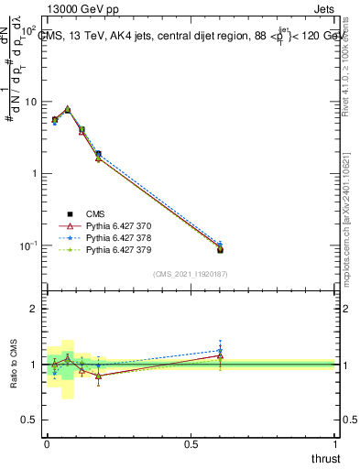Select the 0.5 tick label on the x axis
191,443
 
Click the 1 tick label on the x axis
335,443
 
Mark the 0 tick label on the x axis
46,443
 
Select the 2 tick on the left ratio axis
37,310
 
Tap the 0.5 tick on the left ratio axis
33,420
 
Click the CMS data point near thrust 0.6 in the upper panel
220,249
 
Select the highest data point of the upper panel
68,109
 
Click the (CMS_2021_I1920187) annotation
191,274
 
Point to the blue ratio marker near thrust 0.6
220,350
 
